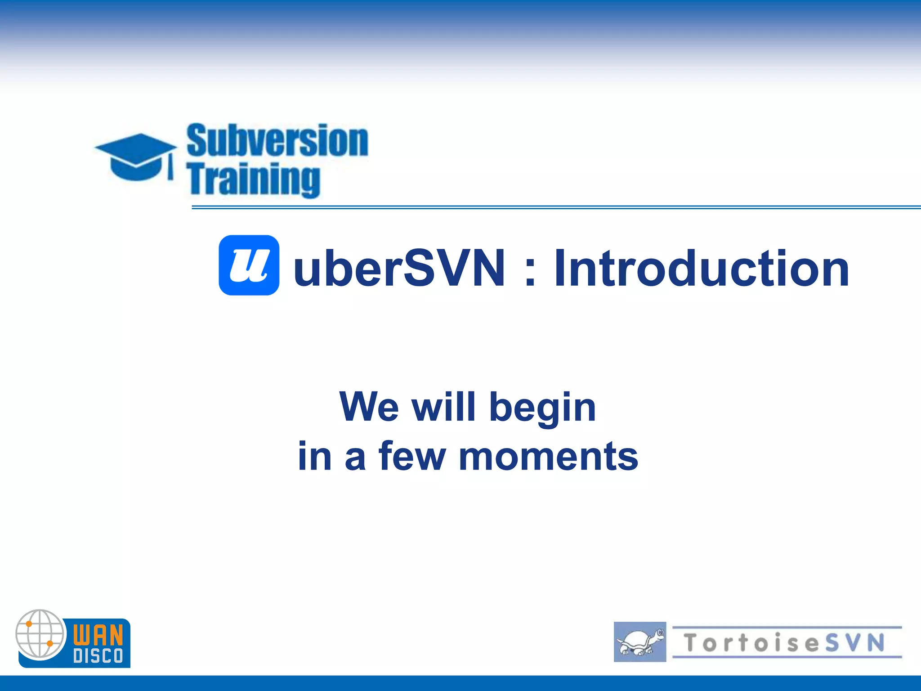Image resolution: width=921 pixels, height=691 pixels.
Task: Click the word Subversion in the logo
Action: tap(277, 141)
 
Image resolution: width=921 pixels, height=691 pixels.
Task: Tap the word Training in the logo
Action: tap(255, 180)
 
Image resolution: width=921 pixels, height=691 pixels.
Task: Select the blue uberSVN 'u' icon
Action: tap(249, 265)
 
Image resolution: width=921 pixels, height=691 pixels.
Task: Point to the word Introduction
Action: tap(702, 269)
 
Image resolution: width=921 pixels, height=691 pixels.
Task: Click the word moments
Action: tap(548, 457)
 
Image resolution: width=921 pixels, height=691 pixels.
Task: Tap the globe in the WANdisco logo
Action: tap(40, 634)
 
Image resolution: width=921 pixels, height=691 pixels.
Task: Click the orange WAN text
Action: tap(98, 635)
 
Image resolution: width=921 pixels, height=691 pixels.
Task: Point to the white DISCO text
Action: tap(98, 656)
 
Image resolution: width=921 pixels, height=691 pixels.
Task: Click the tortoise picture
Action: tap(639, 642)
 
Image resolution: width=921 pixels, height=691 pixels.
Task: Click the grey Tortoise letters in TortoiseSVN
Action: tap(751, 642)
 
